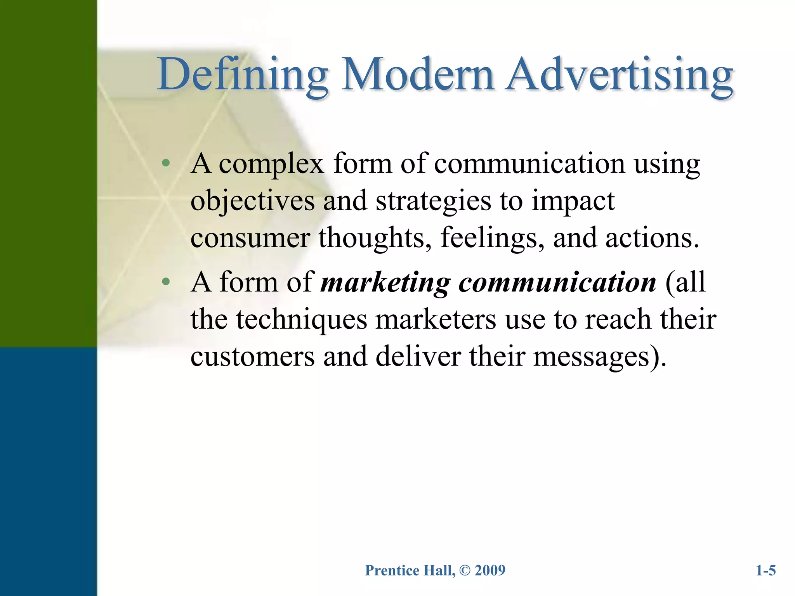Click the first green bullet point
tap(166, 163)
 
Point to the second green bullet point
tap(166, 282)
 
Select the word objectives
tap(252, 201)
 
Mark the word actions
tap(652, 237)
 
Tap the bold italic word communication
tap(557, 282)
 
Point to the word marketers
tap(436, 319)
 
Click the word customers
tap(252, 357)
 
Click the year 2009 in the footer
tap(490, 570)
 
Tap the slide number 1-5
tap(765, 570)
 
